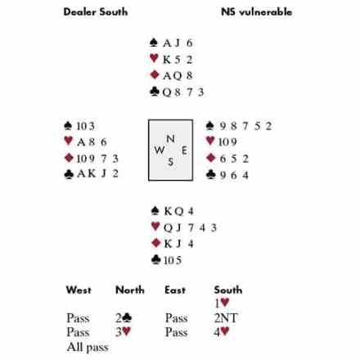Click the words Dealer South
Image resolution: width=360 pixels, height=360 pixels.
(x=96, y=12)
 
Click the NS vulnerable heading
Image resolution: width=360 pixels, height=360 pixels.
(x=256, y=12)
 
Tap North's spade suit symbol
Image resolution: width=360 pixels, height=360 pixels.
(x=154, y=43)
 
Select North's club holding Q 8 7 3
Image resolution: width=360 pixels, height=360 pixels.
(x=183, y=92)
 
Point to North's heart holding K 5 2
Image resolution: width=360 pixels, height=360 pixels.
(x=178, y=60)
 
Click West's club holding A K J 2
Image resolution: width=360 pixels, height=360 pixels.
(x=97, y=173)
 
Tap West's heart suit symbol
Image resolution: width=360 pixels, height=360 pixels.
(x=69, y=141)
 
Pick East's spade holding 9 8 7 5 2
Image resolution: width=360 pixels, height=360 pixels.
(x=245, y=126)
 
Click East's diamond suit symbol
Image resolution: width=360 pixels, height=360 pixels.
(x=211, y=158)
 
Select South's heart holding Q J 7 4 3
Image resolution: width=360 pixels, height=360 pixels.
(x=190, y=227)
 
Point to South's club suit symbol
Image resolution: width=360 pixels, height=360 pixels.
(x=156, y=259)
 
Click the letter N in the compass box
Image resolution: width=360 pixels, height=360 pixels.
(x=170, y=139)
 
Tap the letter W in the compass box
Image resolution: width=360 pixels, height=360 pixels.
(x=160, y=150)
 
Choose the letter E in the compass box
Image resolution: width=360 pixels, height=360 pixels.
(x=184, y=151)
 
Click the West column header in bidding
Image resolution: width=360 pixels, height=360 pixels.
(x=79, y=290)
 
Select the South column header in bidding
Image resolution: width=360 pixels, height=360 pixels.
(x=228, y=290)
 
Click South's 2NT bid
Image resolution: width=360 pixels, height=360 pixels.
(x=226, y=318)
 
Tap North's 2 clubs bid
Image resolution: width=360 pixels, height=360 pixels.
(x=124, y=317)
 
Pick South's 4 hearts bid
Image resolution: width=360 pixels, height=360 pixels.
(x=222, y=332)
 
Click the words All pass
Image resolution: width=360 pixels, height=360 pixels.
(x=88, y=347)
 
